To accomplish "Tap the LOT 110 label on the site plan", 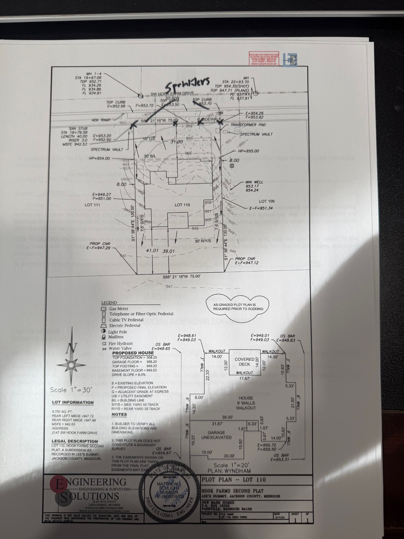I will (182, 205).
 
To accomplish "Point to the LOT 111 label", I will (92, 205).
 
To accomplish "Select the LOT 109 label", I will (267, 201).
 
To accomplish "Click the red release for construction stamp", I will (264, 59).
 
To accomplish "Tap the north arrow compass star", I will (71, 365).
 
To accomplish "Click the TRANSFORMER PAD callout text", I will (248, 125).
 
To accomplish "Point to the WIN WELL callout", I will (254, 182).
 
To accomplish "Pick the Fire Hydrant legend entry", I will (121, 343).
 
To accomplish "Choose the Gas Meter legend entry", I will (119, 309).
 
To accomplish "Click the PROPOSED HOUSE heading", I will (133, 353).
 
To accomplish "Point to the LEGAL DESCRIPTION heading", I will (75, 441).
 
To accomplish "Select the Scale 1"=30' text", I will (71, 390).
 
